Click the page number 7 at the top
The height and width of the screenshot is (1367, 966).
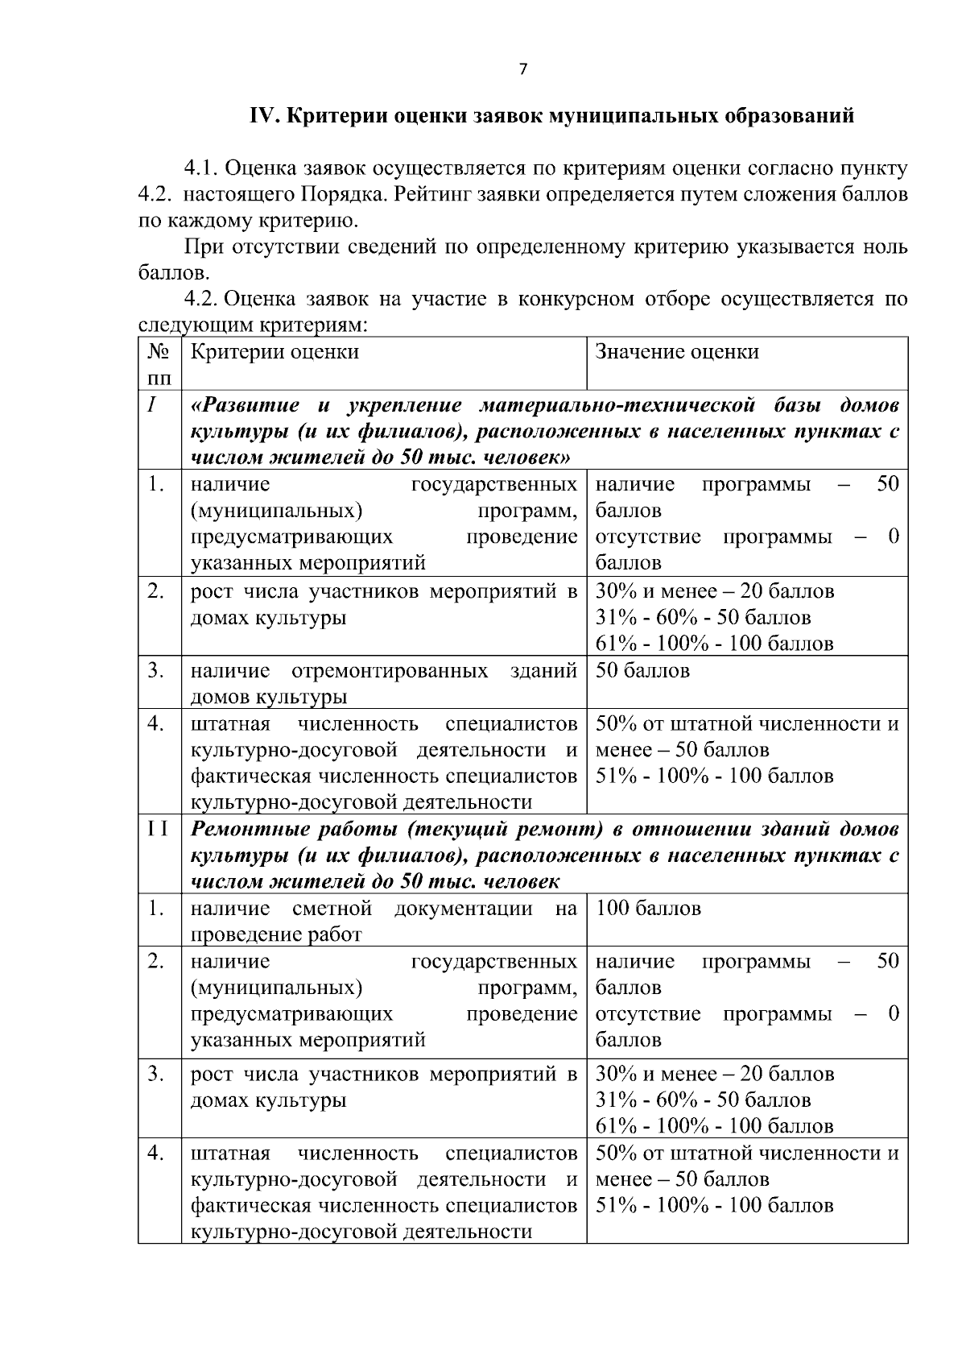pos(522,70)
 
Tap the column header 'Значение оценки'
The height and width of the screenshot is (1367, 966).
pos(676,352)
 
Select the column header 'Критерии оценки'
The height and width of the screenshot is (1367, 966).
pos(275,352)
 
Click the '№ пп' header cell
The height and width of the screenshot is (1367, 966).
pos(159,364)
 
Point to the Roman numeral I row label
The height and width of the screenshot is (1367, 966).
pos(151,405)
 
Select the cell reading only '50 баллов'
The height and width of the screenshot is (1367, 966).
pos(642,671)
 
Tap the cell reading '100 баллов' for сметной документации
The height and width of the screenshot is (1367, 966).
pos(649,909)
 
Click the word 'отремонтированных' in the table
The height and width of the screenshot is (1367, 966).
pos(390,671)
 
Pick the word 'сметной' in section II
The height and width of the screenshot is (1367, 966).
pos(332,909)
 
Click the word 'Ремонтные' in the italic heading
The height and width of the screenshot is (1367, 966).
pos(245,830)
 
